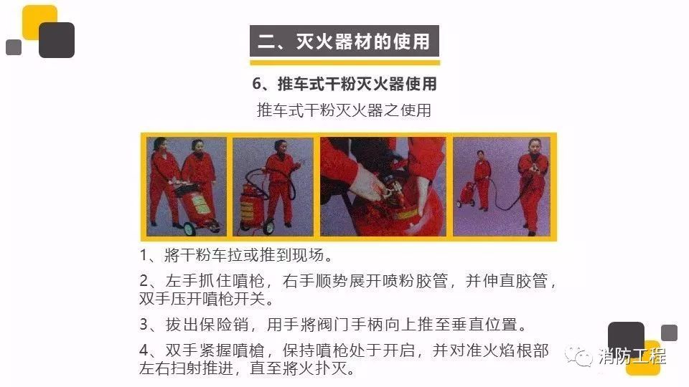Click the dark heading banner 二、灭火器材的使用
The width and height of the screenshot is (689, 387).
(x=344, y=41)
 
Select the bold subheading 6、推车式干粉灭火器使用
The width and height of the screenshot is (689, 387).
(x=344, y=84)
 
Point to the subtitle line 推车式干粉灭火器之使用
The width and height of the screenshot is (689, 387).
(x=344, y=110)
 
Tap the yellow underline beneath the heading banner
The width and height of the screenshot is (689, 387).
(x=345, y=63)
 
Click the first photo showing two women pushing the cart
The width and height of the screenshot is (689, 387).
(x=187, y=186)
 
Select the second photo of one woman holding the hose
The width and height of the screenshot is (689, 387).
(x=273, y=186)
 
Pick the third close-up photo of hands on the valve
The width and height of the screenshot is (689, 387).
(x=383, y=186)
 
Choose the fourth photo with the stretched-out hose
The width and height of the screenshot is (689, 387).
(x=502, y=186)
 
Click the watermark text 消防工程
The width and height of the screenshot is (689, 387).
(x=632, y=356)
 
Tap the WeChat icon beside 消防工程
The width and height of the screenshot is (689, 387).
(x=578, y=356)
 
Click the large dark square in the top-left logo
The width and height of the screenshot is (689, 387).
(x=57, y=40)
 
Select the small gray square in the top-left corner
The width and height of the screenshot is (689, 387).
(x=14, y=47)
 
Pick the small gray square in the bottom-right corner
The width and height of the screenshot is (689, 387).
(x=669, y=333)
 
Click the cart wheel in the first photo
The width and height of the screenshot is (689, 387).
(x=189, y=228)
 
